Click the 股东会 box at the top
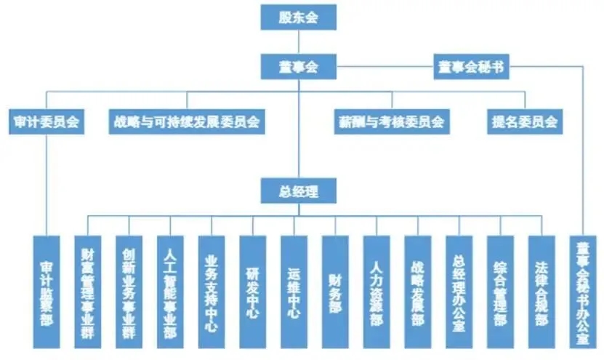298,17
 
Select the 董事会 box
298,68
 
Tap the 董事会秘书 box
472,68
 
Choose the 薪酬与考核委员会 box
390,121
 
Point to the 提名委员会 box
524,121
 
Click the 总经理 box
298,191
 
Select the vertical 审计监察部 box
47,291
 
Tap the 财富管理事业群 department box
88,291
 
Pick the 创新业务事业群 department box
129,291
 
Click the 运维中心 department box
294,291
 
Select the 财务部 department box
335,291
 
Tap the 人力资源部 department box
376,291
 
